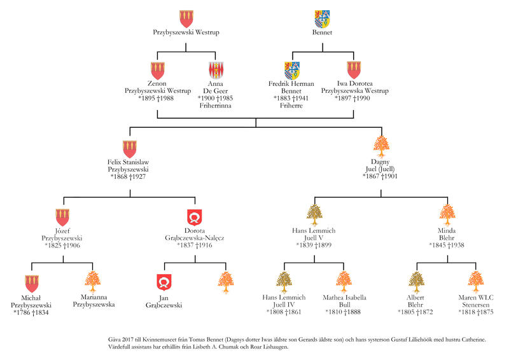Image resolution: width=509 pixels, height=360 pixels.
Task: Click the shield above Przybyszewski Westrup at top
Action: pos(186,18)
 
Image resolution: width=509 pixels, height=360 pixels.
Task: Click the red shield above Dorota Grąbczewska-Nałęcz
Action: pos(195,216)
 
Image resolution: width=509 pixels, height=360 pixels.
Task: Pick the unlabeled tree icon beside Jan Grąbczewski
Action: pos(225,280)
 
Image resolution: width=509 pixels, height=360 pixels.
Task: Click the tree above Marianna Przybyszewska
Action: pos(94,280)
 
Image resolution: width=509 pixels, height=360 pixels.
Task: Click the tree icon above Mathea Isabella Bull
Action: pos(344,280)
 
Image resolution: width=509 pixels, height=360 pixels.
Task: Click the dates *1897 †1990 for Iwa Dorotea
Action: pos(351,99)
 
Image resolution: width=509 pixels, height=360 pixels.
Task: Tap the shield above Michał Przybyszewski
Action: pos(32,282)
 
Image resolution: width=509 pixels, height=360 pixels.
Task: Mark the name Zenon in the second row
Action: pos(157,83)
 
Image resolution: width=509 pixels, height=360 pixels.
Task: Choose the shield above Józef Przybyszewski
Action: pos(63,216)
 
